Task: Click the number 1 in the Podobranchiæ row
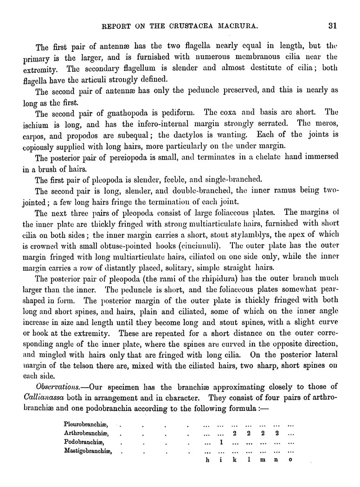(x=221, y=442)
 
